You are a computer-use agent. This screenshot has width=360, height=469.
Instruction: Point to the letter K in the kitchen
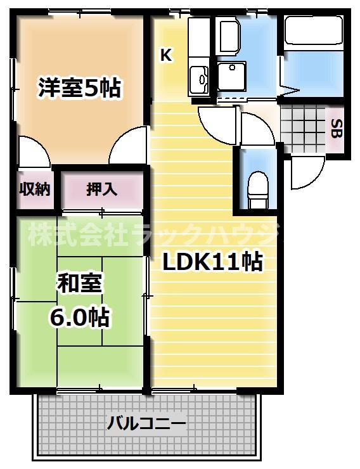click(x=166, y=55)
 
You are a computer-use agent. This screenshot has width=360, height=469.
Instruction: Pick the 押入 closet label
click(x=101, y=189)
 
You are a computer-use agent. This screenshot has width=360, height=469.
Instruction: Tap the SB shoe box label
click(x=335, y=128)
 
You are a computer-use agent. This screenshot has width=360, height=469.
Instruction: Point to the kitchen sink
click(x=200, y=77)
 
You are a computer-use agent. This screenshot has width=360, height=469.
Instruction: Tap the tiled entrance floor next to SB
click(x=303, y=127)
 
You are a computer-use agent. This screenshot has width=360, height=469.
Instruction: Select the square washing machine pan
click(x=233, y=77)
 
